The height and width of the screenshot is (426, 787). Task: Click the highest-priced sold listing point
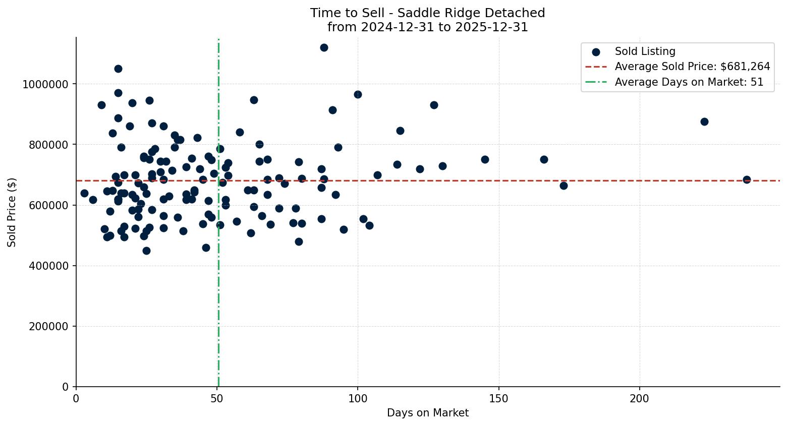tap(324, 47)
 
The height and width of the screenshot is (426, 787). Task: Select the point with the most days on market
tap(747, 179)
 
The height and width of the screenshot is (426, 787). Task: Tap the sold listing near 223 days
tap(704, 121)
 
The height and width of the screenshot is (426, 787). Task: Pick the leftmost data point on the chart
tap(84, 193)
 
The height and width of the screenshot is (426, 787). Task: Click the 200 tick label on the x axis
tap(640, 398)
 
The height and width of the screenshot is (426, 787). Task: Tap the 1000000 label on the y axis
tap(45, 84)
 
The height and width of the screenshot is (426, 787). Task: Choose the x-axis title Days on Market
tap(427, 413)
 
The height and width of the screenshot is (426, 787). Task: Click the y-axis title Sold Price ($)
tap(12, 212)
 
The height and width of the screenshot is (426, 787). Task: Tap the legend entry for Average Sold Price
tap(692, 67)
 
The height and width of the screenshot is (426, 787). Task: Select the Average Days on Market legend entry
tap(689, 82)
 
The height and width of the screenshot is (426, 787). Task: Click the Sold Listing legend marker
tap(596, 51)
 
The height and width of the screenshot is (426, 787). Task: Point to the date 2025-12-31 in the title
tap(491, 27)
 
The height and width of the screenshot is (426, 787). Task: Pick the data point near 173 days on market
tap(564, 186)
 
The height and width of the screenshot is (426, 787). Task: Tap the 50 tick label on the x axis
tap(217, 398)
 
